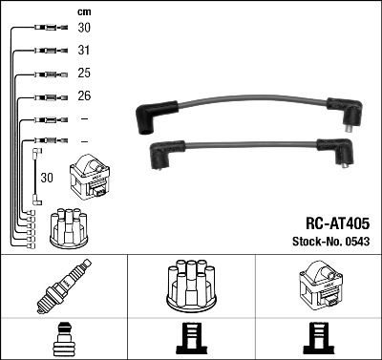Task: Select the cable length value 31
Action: (84, 51)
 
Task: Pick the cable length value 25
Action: (84, 74)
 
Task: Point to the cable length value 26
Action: (84, 97)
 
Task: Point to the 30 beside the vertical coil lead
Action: (48, 178)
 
